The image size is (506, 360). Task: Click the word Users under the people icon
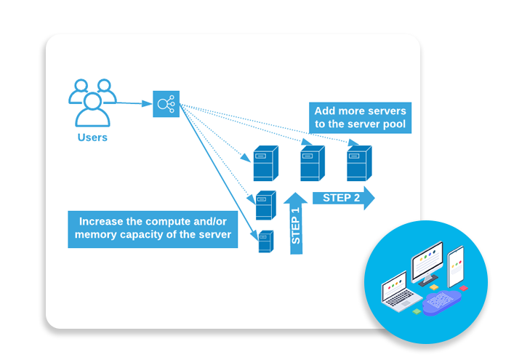tap(92, 137)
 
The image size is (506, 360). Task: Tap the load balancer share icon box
tap(166, 104)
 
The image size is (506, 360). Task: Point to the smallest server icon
tap(266, 241)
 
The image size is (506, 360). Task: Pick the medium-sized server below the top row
tap(265, 205)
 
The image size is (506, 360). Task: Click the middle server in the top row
tap(311, 163)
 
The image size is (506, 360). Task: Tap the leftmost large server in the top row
tap(265, 163)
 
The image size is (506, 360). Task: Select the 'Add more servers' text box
tap(360, 118)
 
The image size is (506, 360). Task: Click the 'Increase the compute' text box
tap(153, 228)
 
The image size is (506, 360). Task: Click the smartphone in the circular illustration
tap(456, 266)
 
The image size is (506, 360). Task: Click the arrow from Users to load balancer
tap(134, 103)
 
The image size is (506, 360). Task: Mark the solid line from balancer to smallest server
tap(218, 175)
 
